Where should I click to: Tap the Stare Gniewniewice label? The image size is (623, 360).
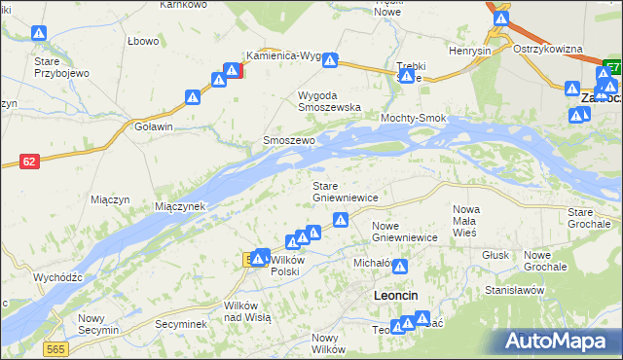click(345, 192)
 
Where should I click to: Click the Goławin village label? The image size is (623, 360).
click(154, 126)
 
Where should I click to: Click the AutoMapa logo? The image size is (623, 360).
click(561, 341)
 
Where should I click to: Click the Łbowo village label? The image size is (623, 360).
click(143, 40)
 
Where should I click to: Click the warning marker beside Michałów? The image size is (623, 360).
click(400, 265)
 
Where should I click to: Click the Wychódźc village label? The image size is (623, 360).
click(57, 277)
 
